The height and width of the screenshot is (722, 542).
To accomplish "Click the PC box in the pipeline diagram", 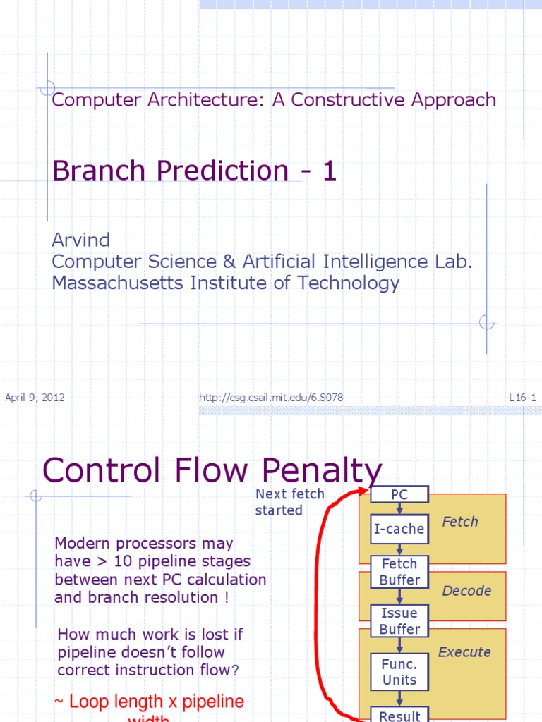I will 399,494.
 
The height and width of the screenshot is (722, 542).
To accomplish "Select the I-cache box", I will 399,529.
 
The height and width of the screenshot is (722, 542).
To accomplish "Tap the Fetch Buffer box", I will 399,572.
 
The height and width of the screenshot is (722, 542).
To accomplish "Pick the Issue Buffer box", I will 399,620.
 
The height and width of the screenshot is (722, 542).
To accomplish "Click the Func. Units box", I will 399,671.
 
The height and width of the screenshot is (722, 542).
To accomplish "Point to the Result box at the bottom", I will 399,715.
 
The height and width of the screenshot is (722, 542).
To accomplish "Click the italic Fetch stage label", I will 459,522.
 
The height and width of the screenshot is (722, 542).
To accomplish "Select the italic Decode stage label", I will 466,591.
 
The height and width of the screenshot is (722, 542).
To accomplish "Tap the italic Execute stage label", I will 464,652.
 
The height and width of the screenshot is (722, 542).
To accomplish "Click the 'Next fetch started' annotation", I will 289,502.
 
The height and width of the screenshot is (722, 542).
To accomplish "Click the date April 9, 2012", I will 35,398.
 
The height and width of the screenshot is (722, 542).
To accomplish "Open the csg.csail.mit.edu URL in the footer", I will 271,398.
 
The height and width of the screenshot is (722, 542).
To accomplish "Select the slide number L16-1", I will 522,398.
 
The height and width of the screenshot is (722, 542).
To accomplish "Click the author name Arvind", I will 80,240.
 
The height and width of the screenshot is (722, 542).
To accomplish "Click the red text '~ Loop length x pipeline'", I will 149,702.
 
